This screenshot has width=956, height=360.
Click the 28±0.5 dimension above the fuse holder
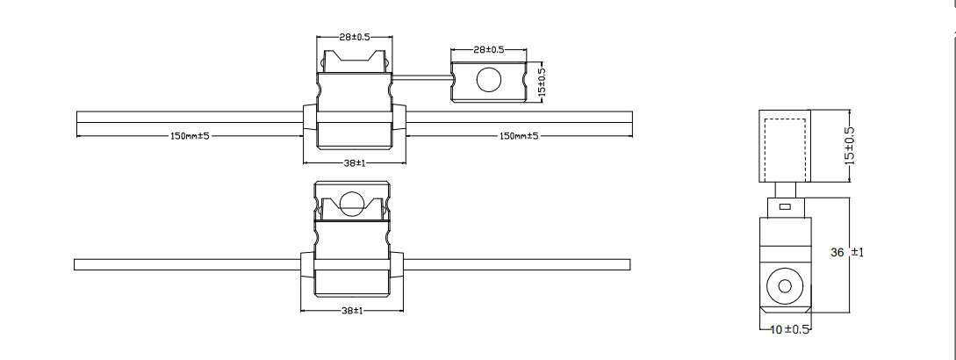(354, 38)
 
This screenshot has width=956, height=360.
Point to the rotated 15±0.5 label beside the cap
(541, 82)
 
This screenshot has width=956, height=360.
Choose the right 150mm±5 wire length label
(519, 136)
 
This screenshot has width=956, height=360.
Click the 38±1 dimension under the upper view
(354, 162)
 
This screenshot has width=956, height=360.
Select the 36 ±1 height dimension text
(847, 253)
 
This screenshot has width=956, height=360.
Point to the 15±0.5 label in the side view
(849, 146)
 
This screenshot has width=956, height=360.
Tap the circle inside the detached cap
(487, 82)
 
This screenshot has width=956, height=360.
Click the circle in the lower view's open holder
(351, 203)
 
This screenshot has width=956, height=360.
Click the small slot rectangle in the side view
(785, 207)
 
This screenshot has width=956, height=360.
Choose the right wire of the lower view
(518, 264)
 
